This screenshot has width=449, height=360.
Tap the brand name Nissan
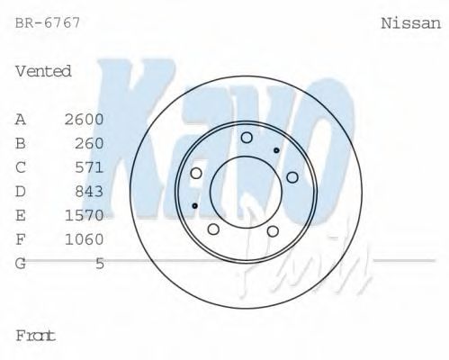[411, 23]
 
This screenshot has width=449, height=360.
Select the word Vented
[43, 71]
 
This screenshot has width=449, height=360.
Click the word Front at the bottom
[36, 336]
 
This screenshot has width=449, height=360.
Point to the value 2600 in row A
[85, 119]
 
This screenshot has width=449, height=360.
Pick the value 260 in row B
[89, 143]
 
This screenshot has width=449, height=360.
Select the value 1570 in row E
[85, 215]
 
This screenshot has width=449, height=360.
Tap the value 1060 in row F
[85, 239]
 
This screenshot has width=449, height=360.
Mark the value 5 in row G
[100, 263]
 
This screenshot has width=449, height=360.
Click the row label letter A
[21, 119]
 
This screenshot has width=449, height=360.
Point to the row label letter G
[21, 263]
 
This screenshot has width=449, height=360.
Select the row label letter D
[21, 191]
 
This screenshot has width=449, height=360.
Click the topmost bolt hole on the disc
[247, 137]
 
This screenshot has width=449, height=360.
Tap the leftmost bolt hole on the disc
[196, 173]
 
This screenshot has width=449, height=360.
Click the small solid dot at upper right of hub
[275, 148]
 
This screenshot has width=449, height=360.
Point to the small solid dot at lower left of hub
[195, 206]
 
